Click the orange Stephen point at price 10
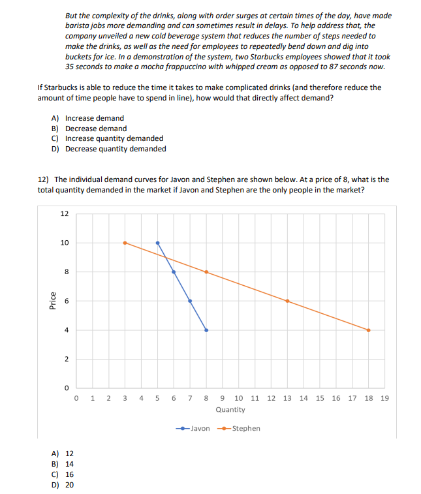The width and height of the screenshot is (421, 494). point(125,243)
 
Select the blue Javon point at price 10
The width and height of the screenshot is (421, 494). point(157,243)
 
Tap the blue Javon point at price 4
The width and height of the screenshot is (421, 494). point(206,330)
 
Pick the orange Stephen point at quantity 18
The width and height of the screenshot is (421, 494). point(368,330)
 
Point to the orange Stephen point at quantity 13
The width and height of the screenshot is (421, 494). point(287,301)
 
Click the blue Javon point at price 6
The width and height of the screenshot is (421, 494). point(190,301)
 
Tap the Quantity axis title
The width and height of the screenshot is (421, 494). point(230,410)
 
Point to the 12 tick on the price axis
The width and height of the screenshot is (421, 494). point(64,214)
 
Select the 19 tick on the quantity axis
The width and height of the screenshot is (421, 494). point(384,398)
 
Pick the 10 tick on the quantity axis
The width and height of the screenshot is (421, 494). point(239,398)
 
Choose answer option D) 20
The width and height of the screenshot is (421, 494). point(65,485)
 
